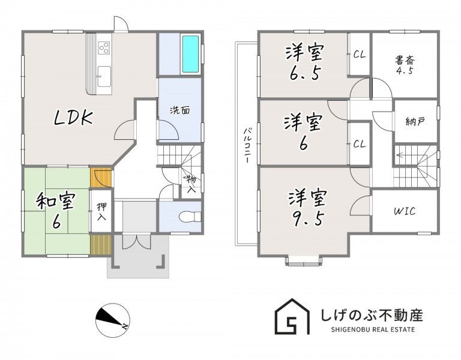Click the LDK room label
click(73, 117)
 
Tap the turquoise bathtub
click(190, 54)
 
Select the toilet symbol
click(190, 217)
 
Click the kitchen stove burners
click(104, 47)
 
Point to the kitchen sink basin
click(104, 76)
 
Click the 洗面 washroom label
click(180, 110)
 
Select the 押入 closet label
click(101, 212)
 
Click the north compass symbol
click(113, 320)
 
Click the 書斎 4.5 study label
click(405, 65)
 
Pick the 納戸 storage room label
click(415, 121)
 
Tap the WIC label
click(405, 211)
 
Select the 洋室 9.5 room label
click(307, 208)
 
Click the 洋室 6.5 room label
click(304, 62)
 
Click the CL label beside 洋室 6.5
click(360, 54)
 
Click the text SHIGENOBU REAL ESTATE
click(373, 329)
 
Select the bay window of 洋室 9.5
click(303, 261)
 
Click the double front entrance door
click(137, 241)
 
